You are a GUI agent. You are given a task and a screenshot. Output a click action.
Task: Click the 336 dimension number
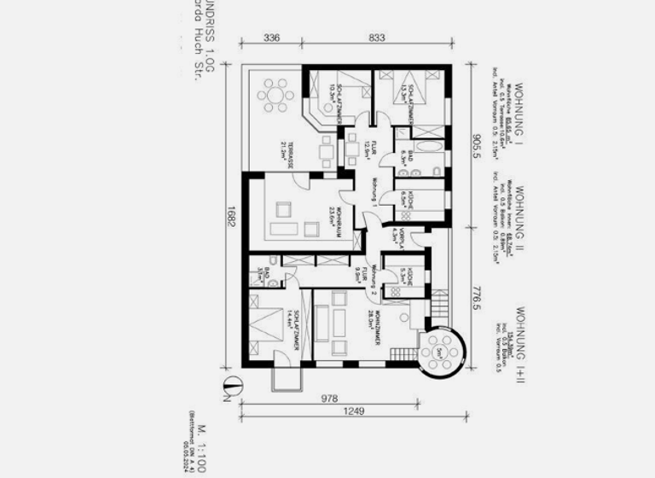[271, 38]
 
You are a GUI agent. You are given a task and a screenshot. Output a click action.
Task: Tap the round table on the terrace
[275, 94]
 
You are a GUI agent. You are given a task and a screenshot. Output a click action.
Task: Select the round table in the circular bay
[443, 351]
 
